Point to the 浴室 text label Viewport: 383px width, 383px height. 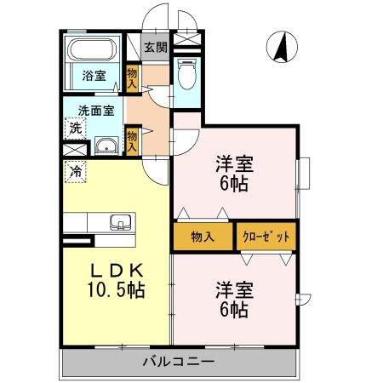click(94, 76)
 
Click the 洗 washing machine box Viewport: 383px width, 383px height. click(76, 129)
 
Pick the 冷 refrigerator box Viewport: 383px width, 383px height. click(76, 171)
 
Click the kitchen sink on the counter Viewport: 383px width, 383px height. click(120, 223)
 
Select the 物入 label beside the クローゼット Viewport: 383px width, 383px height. click(203, 236)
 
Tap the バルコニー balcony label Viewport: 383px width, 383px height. click(179, 361)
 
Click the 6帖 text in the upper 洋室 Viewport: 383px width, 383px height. click(232, 183)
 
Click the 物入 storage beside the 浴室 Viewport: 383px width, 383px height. click(133, 78)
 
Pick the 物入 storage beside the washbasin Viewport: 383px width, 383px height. click(133, 140)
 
